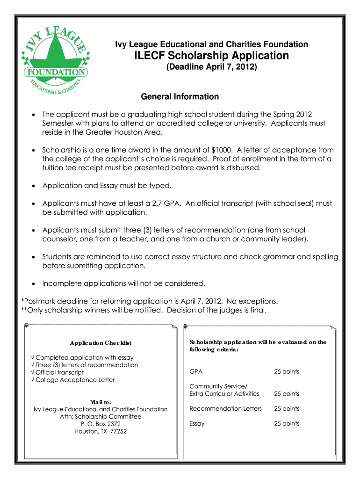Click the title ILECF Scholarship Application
(x=212, y=56)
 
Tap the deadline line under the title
(x=212, y=67)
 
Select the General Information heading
(x=180, y=97)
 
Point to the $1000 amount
(x=220, y=150)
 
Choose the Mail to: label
(x=101, y=402)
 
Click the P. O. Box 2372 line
(x=101, y=424)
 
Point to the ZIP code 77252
(x=118, y=431)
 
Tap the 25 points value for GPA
(x=287, y=372)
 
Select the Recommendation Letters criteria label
(x=226, y=409)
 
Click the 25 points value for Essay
(x=287, y=424)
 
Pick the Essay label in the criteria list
(x=197, y=424)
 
